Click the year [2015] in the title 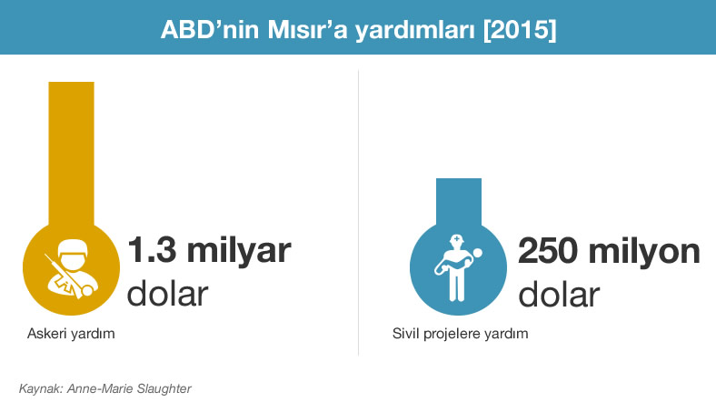coord(520,30)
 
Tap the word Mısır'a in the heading coord(307,30)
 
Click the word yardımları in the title coord(415,31)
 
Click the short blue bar coord(459,201)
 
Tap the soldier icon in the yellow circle coord(71,268)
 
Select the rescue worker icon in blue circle coord(458,267)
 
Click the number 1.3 coord(152,250)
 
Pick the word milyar coord(239,251)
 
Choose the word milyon coord(644,252)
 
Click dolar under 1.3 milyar coord(167,293)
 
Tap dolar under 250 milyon coord(559,294)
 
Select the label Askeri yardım coord(71,334)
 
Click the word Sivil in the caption coord(405,334)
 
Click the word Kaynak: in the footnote coord(40,388)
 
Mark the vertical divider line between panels coord(359,213)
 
